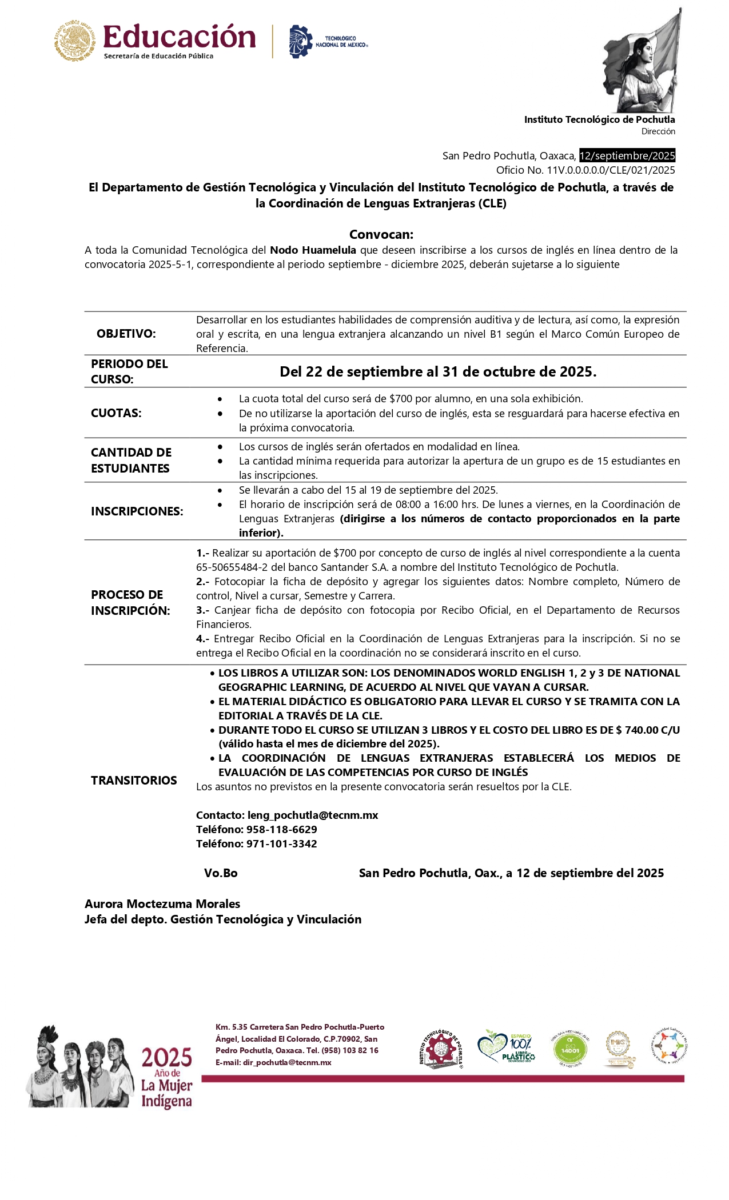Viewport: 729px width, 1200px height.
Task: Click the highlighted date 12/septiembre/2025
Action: click(627, 155)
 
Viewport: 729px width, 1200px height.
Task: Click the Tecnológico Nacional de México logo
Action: click(328, 41)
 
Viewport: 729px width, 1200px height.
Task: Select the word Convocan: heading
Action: click(381, 234)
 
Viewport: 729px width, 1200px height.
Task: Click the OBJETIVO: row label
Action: click(126, 334)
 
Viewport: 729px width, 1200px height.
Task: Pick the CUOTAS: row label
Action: click(116, 413)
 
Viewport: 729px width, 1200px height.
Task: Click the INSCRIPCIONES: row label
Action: click(137, 511)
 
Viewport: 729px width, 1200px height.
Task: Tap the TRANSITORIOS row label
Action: click(134, 781)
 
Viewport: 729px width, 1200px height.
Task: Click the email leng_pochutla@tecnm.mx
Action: click(312, 815)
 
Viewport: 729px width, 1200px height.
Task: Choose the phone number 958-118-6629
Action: click(281, 829)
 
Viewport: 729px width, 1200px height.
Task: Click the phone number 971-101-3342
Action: click(281, 843)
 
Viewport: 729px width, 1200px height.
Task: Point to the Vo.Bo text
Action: click(221, 873)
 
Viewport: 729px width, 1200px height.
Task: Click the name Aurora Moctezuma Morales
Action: click(162, 904)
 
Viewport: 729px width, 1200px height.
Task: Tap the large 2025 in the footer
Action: click(166, 1058)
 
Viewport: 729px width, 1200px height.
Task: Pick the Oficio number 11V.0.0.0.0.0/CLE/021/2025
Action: click(611, 170)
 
